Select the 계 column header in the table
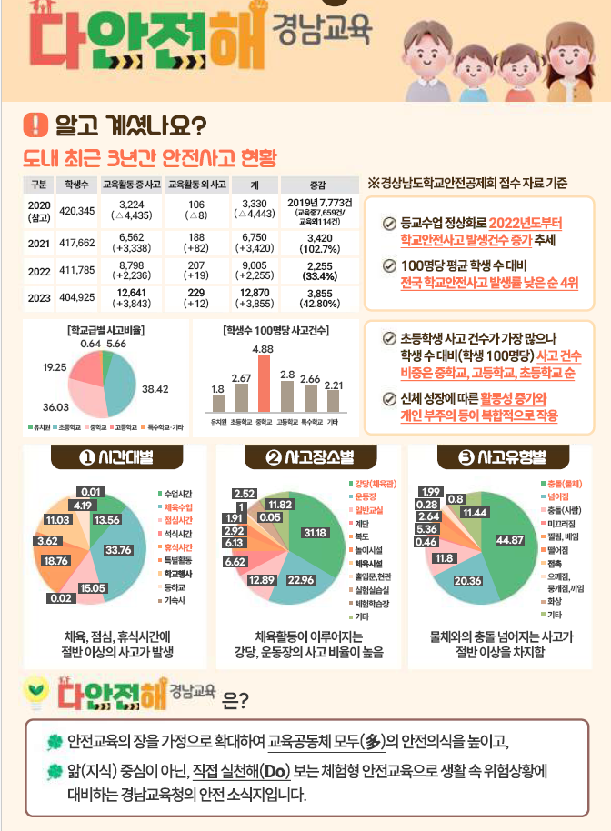click(x=255, y=184)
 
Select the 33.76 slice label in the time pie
click(x=119, y=549)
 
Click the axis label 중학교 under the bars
click(x=264, y=422)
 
